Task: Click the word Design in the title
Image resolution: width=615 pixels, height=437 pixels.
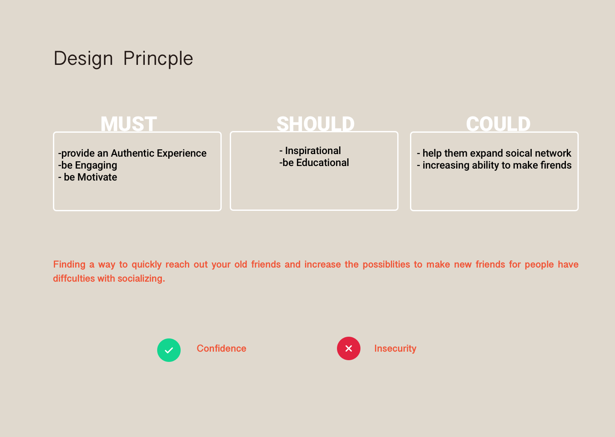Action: (83, 58)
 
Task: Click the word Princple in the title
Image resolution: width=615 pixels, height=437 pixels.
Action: (158, 58)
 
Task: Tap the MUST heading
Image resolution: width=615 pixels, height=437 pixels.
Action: (129, 124)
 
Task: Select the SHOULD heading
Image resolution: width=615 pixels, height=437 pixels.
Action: (316, 124)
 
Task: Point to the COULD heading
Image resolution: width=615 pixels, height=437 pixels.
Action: (498, 124)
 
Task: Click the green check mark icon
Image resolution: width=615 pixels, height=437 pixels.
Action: (169, 350)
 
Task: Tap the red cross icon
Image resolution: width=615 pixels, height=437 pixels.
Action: (348, 348)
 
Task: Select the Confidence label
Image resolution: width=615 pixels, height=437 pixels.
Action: (221, 348)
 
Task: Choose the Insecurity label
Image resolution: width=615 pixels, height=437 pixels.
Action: (395, 348)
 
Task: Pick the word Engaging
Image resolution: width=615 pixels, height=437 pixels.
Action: (96, 165)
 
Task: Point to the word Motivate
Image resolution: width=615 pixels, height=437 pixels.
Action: (97, 177)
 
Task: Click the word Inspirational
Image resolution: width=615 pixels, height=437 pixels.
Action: (313, 151)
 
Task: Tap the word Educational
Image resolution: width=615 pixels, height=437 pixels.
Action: (322, 163)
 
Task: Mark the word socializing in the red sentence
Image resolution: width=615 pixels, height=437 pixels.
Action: (141, 279)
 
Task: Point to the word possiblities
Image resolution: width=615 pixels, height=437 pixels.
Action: (386, 265)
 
